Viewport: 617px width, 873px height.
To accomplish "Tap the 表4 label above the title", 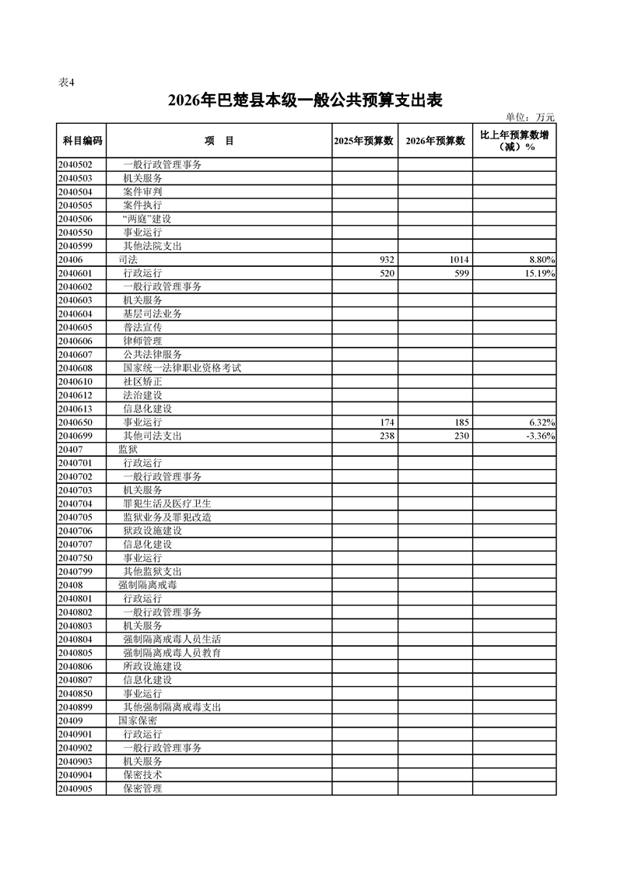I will (67, 83).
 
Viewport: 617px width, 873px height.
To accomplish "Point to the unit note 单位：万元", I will (530, 117).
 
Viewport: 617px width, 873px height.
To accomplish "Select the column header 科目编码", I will (82, 141).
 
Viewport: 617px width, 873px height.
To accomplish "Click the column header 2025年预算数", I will (365, 141).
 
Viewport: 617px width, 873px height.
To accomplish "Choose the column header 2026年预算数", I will (436, 141).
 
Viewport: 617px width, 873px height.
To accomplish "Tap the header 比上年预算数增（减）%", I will (514, 141).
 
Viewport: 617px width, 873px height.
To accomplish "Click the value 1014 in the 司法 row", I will (458, 259).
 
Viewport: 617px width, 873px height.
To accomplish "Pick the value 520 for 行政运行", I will (387, 273).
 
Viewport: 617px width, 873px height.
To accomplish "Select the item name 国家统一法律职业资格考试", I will (182, 368).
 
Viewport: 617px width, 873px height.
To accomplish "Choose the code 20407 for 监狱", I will (70, 449).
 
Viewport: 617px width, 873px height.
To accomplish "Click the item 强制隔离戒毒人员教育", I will (172, 653).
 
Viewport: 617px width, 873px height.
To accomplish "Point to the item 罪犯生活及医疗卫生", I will (167, 503).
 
